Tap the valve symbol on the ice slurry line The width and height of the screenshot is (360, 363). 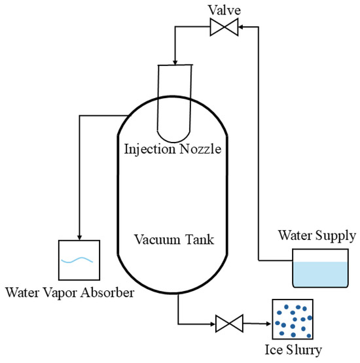click(x=228, y=322)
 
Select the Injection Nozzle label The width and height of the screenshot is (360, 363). click(x=172, y=150)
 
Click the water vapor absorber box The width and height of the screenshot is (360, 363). click(x=79, y=260)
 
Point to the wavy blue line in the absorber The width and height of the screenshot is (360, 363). click(x=79, y=260)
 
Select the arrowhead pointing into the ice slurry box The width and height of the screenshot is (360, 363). click(x=269, y=322)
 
